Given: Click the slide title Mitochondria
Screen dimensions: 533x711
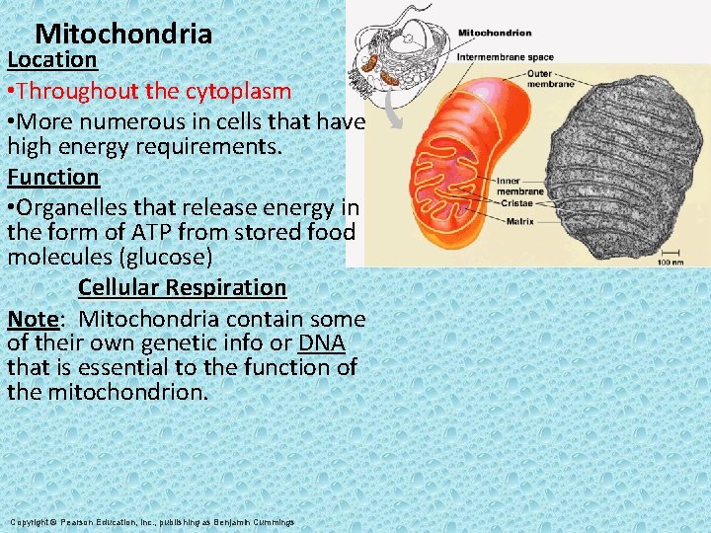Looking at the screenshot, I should pyautogui.click(x=123, y=35).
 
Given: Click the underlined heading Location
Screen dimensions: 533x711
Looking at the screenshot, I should pyautogui.click(x=52, y=59).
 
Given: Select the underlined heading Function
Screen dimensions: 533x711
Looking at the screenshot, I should pyautogui.click(x=53, y=178).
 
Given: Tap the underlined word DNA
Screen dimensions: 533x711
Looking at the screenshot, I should pyautogui.click(x=321, y=343).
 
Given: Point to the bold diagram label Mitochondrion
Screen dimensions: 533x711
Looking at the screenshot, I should pyautogui.click(x=494, y=33).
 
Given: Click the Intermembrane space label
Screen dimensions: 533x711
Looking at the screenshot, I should pyautogui.click(x=505, y=56).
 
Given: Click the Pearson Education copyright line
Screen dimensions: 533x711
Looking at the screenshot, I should pyautogui.click(x=152, y=521).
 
